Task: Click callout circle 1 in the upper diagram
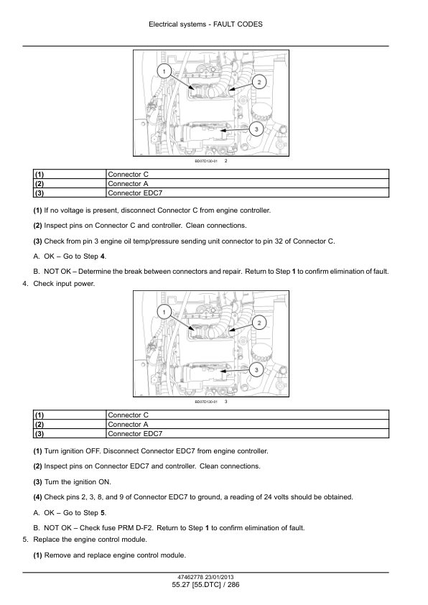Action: pyautogui.click(x=164, y=71)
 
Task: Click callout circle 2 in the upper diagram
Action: pyautogui.click(x=259, y=82)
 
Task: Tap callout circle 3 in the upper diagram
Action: pyautogui.click(x=256, y=129)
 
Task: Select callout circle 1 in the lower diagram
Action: pyautogui.click(x=164, y=312)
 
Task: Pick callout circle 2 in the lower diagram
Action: pyautogui.click(x=259, y=323)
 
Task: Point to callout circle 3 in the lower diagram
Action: pyautogui.click(x=256, y=369)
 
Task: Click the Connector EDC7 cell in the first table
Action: pyautogui.click(x=247, y=193)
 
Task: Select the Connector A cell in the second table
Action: pyautogui.click(x=247, y=425)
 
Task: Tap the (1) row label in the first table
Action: pyautogui.click(x=70, y=175)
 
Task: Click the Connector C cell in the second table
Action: pyautogui.click(x=247, y=415)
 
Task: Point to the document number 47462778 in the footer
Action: pyautogui.click(x=190, y=578)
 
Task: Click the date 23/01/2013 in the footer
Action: pyautogui.click(x=219, y=578)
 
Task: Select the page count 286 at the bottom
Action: pyautogui.click(x=233, y=585)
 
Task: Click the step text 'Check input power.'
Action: pyautogui.click(x=64, y=284)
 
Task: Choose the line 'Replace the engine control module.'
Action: pyautogui.click(x=90, y=540)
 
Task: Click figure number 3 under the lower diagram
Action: pyautogui.click(x=226, y=402)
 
